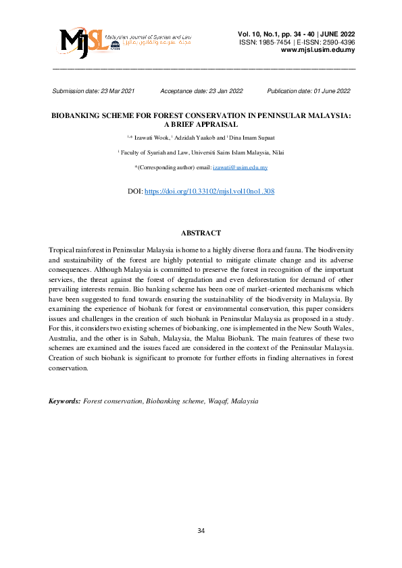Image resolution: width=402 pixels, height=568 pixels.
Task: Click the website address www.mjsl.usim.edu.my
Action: [318, 50]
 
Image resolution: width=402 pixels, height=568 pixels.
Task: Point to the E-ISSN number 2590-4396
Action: [336, 42]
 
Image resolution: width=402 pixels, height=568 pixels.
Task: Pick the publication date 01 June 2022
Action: [328, 90]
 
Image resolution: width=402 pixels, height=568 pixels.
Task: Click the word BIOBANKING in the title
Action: [81, 116]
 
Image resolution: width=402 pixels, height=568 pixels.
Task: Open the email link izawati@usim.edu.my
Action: [241, 167]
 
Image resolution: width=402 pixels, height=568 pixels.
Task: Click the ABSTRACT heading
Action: [201, 233]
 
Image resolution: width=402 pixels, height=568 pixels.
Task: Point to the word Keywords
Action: [64, 401]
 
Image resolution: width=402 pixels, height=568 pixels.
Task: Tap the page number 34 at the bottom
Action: [201, 531]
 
